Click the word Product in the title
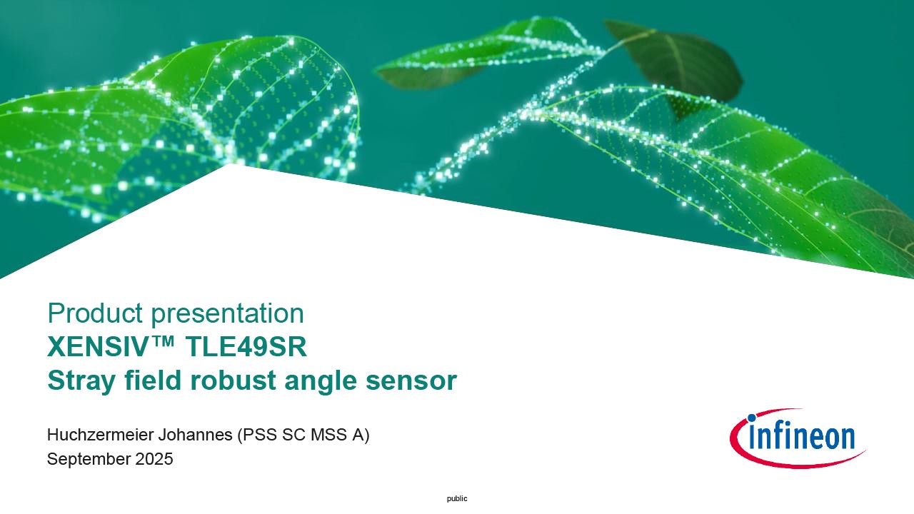coord(95,313)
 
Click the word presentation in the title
coord(228,315)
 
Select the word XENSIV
coord(96,347)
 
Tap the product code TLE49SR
coord(246,347)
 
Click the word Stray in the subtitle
coord(81,381)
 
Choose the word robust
coord(233,381)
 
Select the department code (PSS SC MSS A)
coord(303,435)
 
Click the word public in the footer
coord(457,498)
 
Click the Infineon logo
coord(798,438)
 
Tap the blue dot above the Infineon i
coord(751,418)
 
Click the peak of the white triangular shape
coord(231,164)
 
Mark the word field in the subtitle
coord(153,381)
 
